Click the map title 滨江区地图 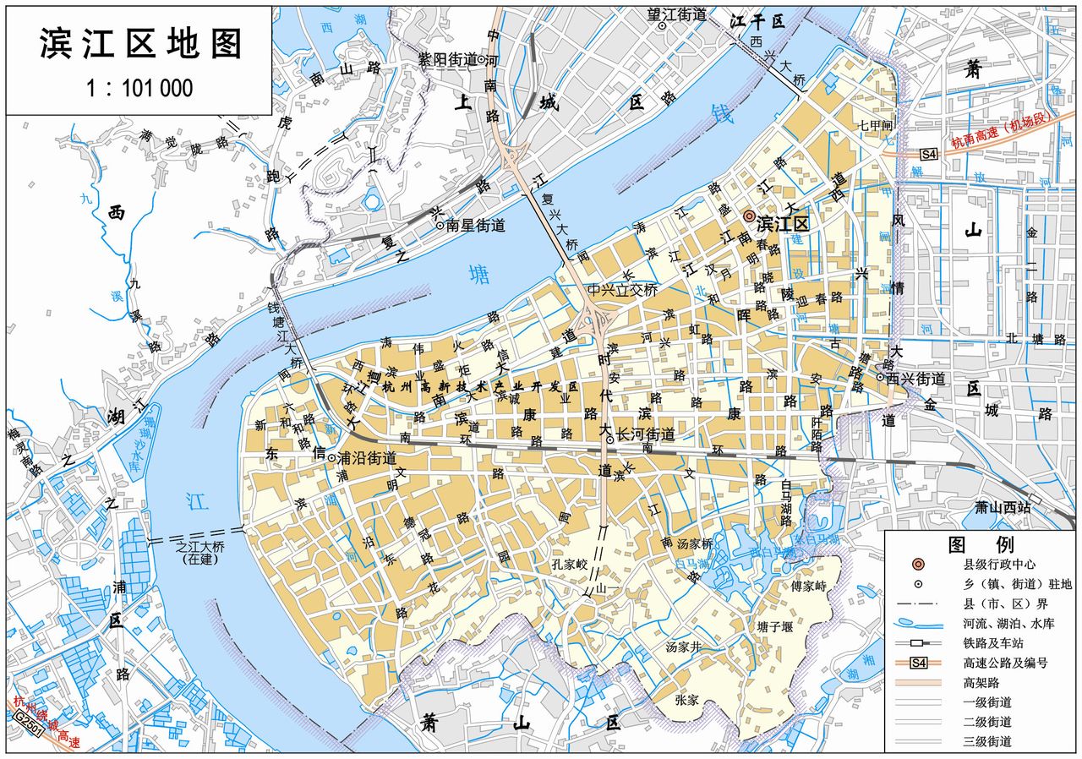pyautogui.click(x=140, y=45)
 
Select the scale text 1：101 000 pyautogui.click(x=139, y=88)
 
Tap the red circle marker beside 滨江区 pyautogui.click(x=749, y=217)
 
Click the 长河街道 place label pyautogui.click(x=646, y=435)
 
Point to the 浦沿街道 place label pyautogui.click(x=366, y=458)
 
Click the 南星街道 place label pyautogui.click(x=475, y=226)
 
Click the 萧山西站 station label pyautogui.click(x=1002, y=507)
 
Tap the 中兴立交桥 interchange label pyautogui.click(x=624, y=290)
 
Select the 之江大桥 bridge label pyautogui.click(x=196, y=547)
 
